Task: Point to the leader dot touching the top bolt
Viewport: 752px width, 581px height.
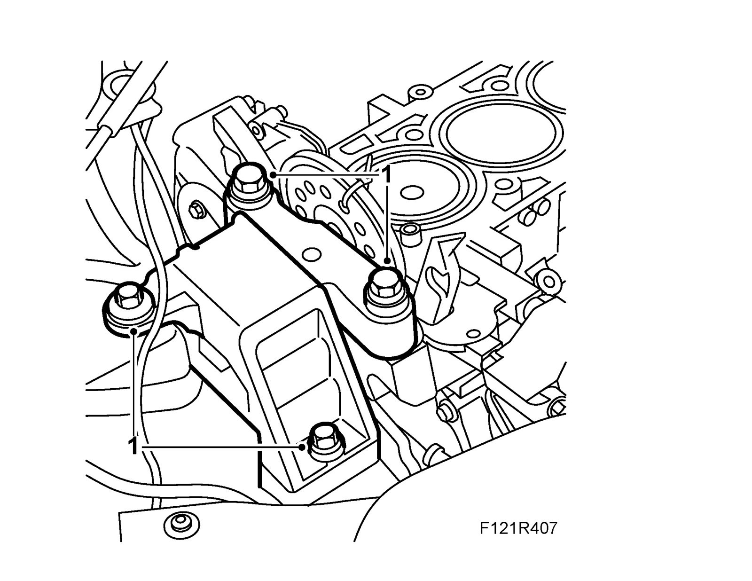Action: [x=273, y=175]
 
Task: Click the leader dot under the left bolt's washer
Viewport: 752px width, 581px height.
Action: [x=134, y=332]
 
